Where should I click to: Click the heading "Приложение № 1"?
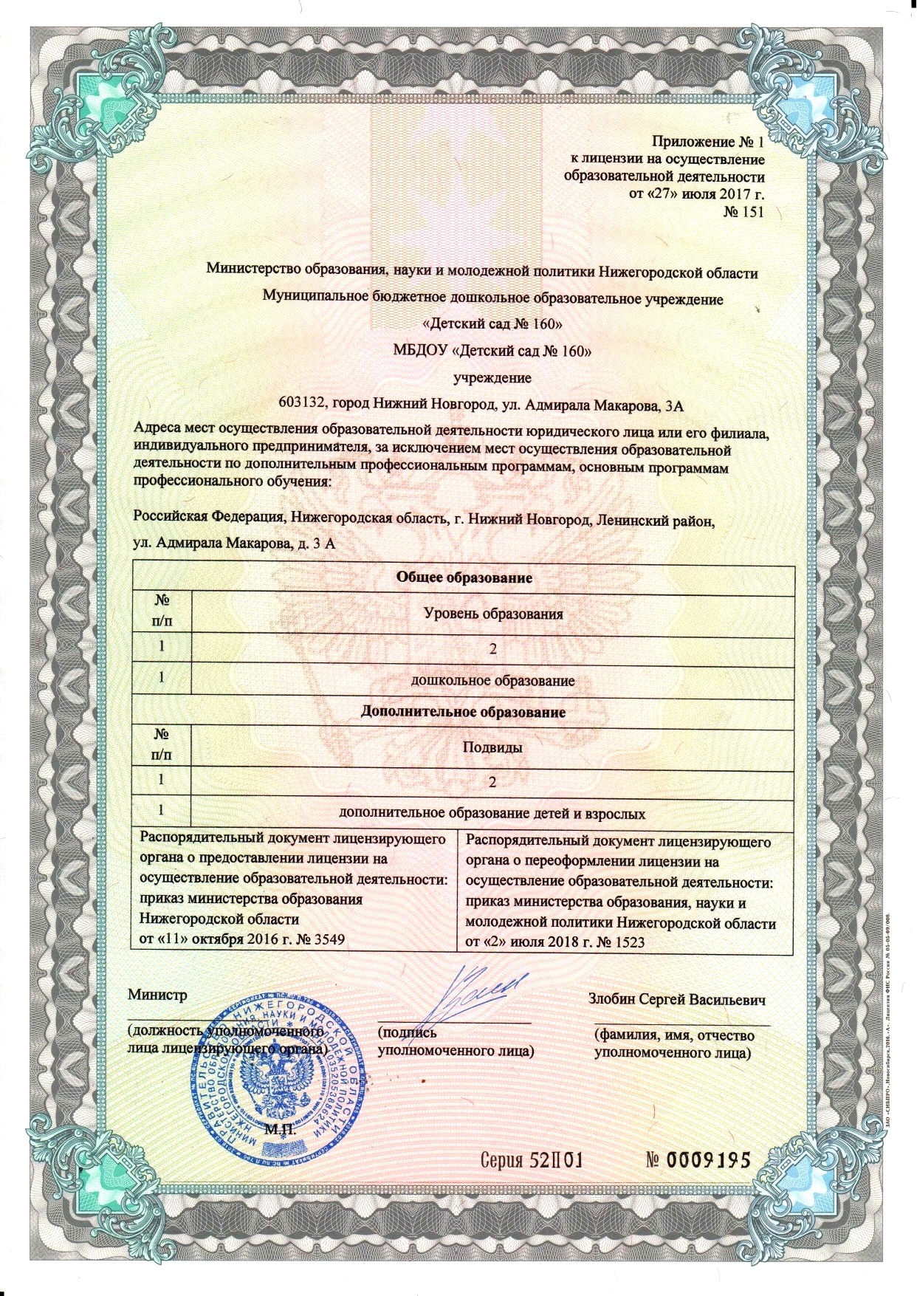click(707, 141)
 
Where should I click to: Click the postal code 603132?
click(302, 404)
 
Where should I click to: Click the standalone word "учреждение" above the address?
click(492, 377)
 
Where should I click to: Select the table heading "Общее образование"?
click(464, 577)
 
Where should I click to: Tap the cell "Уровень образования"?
click(492, 613)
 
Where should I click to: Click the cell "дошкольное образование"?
click(492, 680)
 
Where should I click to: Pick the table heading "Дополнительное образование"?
click(463, 712)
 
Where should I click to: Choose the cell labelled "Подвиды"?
click(492, 747)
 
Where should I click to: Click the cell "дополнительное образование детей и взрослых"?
click(492, 814)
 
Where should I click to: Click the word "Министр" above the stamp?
click(157, 994)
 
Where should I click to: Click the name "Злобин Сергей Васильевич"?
click(676, 1000)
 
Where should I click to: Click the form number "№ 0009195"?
click(698, 1159)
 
